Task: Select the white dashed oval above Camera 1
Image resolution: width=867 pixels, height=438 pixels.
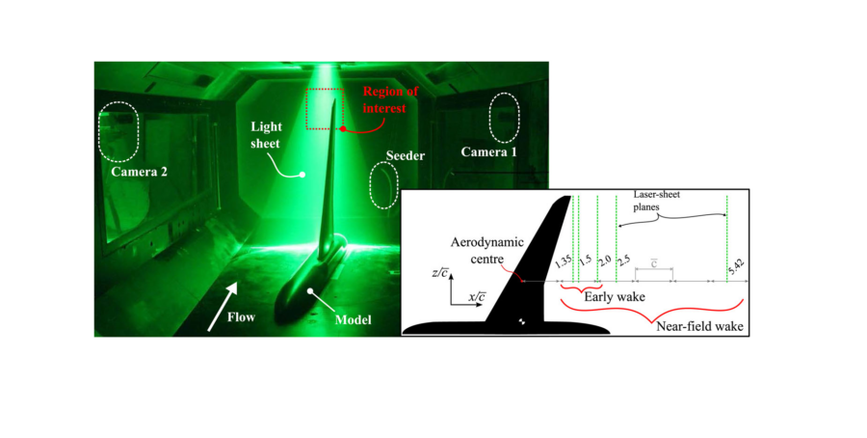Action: (x=505, y=117)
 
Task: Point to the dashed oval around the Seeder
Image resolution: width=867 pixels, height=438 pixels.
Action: (x=382, y=184)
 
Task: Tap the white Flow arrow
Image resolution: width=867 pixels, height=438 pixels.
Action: (x=225, y=298)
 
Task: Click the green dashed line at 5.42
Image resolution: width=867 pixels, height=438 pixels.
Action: (x=726, y=232)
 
